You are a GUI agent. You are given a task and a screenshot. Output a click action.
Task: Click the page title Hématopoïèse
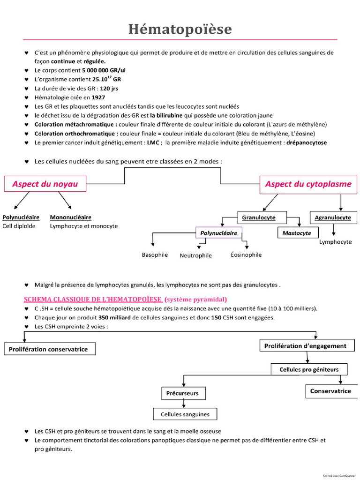(x=180, y=30)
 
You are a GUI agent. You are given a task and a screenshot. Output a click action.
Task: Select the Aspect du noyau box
(x=45, y=184)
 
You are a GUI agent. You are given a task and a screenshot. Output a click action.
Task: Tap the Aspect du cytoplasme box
(x=308, y=185)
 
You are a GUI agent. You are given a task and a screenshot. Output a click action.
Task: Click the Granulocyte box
(x=262, y=217)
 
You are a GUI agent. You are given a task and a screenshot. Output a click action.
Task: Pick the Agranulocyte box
(x=333, y=217)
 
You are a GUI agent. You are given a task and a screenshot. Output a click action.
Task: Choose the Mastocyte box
(x=298, y=232)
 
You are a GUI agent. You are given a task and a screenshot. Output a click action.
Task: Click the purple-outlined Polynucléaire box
(x=219, y=232)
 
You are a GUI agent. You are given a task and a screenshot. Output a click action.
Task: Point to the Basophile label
(x=155, y=255)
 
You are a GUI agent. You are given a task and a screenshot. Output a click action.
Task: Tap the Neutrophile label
(x=195, y=255)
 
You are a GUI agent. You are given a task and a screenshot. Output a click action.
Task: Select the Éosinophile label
(x=246, y=255)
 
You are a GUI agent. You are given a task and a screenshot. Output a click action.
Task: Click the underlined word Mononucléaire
(x=71, y=217)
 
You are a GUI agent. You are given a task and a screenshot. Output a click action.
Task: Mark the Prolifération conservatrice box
(x=50, y=349)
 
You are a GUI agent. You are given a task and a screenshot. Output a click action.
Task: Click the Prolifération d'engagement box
(x=307, y=345)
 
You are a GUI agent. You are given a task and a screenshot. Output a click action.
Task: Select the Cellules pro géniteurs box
(x=309, y=369)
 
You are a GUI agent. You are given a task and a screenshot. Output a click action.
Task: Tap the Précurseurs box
(x=184, y=393)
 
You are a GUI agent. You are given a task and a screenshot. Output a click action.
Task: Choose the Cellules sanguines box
(x=185, y=414)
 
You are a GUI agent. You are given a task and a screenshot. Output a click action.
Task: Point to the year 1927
(x=98, y=97)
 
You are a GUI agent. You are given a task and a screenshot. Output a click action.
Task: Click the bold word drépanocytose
(x=307, y=142)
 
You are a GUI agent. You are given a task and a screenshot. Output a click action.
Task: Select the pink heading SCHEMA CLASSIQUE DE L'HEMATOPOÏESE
(x=93, y=300)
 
